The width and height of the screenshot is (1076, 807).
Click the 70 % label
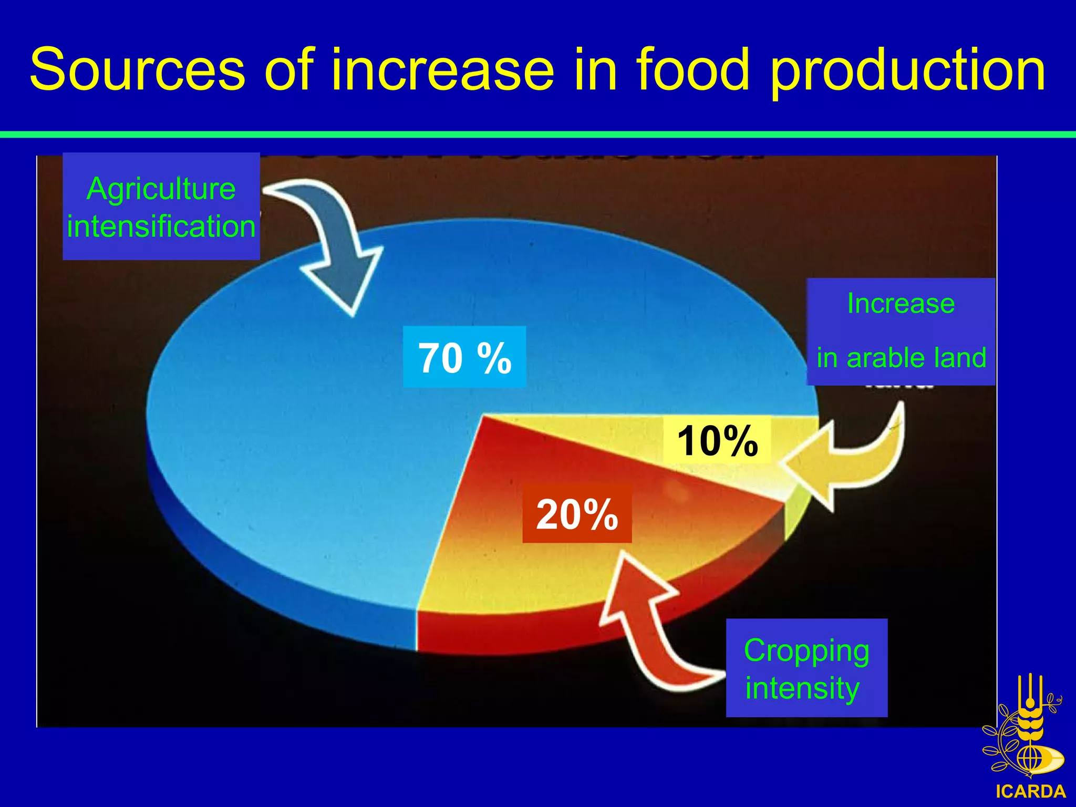pos(464,357)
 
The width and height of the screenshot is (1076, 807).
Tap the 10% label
pos(717,440)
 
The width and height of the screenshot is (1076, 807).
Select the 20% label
pos(577,514)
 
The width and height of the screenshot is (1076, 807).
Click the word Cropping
pos(806,650)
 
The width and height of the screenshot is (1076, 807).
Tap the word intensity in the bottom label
pos(802,688)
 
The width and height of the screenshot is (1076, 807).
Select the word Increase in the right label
pos(901,303)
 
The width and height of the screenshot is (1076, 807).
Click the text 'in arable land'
pos(901,358)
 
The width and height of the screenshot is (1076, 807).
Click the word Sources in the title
pos(137,70)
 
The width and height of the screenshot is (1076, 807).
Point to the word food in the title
pos(692,70)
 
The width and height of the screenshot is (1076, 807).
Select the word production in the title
pos(908,70)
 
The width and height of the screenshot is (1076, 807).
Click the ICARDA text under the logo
pos(1030,791)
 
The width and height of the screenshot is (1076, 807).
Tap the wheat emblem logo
pos(1025,730)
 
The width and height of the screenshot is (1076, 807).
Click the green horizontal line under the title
pos(538,135)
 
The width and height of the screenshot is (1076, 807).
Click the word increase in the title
pos(442,70)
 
